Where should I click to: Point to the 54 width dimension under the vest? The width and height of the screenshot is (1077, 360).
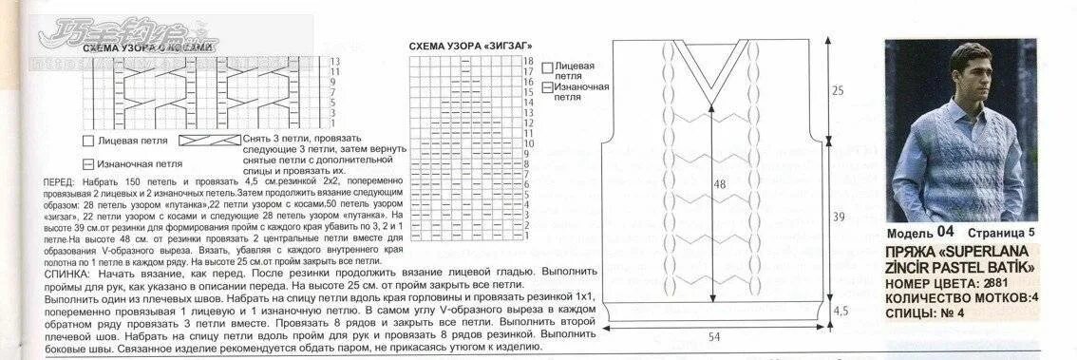pos(714,336)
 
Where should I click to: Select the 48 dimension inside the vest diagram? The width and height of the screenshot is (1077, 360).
pos(719,186)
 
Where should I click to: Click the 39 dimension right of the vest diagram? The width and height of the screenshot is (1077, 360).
pos(838,218)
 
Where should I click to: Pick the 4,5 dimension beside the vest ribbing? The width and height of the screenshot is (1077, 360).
pos(840,311)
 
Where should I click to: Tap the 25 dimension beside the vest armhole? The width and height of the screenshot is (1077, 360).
pos(838,91)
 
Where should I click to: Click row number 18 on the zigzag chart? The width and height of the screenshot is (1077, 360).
pos(528,61)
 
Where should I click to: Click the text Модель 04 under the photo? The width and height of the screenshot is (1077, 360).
pos(920,233)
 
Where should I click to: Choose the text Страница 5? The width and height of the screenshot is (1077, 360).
pos(1003,233)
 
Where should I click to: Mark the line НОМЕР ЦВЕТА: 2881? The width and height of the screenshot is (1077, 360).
pos(947,283)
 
